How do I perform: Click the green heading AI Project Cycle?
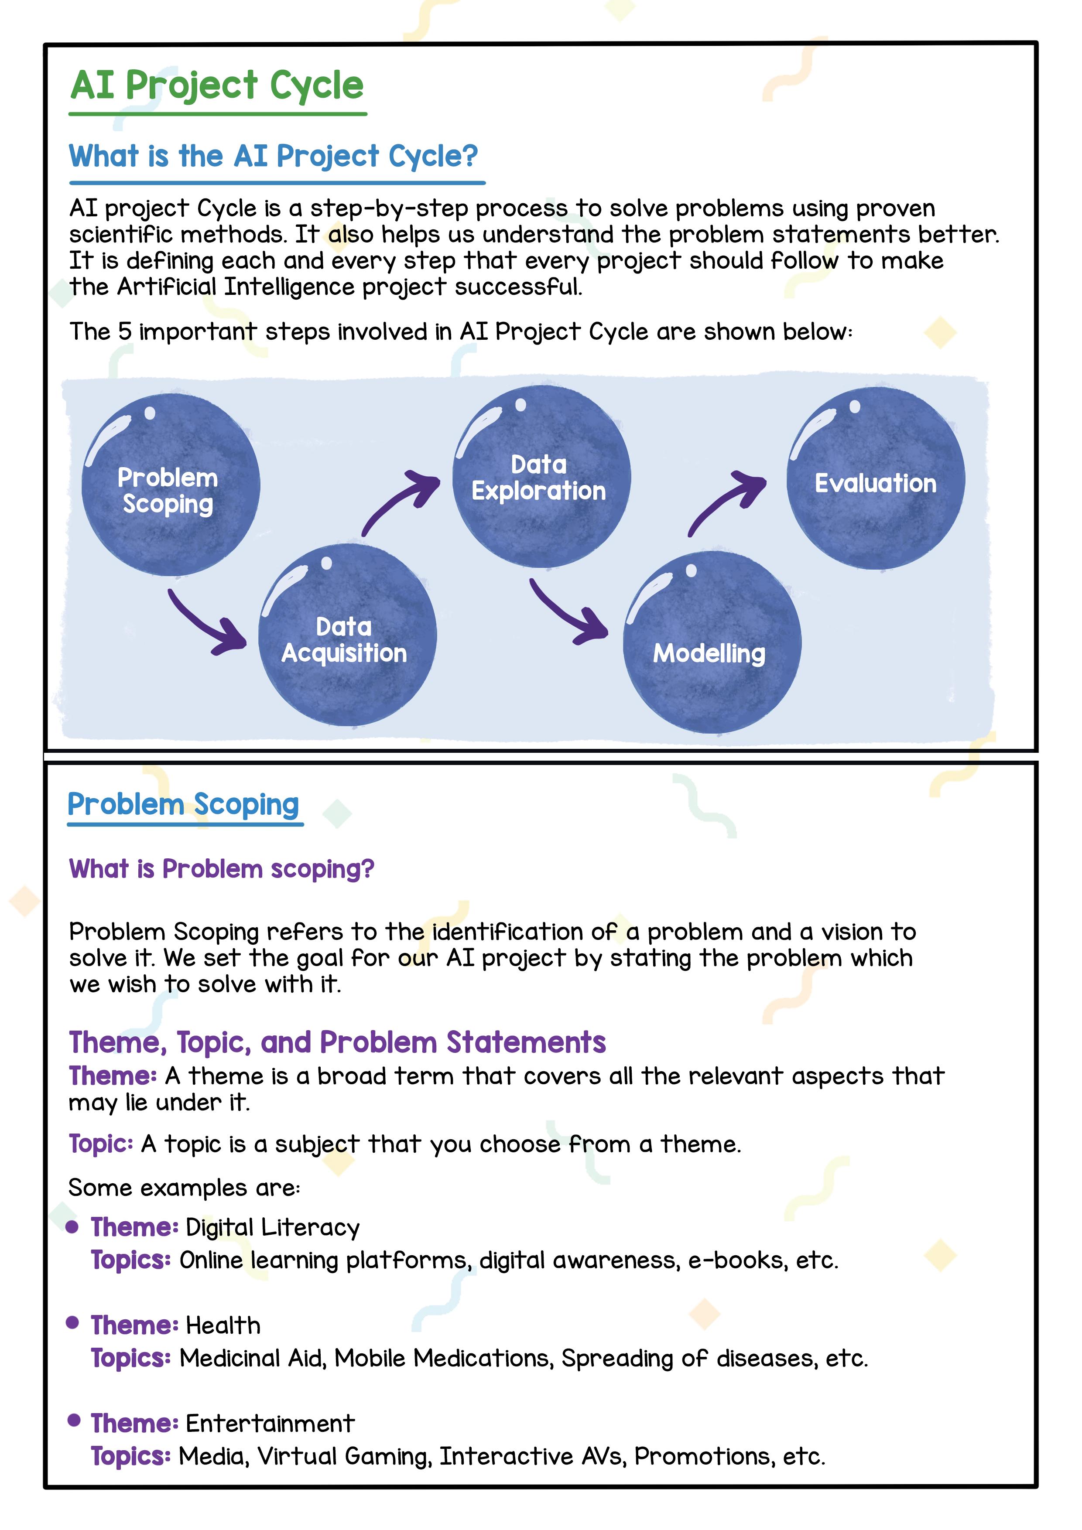[x=217, y=86]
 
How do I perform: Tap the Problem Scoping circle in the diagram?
[x=170, y=485]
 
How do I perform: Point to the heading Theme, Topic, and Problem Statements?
[x=337, y=1042]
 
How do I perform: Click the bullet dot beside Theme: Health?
[x=73, y=1323]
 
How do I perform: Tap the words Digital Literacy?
[x=273, y=1227]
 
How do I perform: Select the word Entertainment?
[x=270, y=1424]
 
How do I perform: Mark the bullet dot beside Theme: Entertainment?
[x=74, y=1420]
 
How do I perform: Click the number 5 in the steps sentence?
[x=125, y=331]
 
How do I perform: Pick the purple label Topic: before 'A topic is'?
[x=101, y=1144]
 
